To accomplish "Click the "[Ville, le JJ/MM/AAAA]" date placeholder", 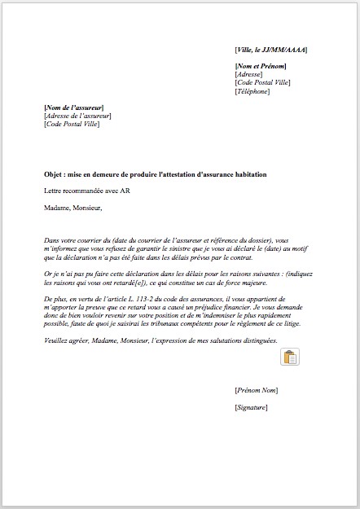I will pyautogui.click(x=270, y=50).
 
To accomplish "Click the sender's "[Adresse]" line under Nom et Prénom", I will pyautogui.click(x=249, y=74).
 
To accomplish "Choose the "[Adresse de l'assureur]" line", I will pyautogui.click(x=77, y=116).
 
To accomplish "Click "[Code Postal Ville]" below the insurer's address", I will pyautogui.click(x=72, y=124).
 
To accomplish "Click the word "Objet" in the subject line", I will pyautogui.click(x=55, y=175).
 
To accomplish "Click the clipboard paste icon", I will pyautogui.click(x=289, y=357).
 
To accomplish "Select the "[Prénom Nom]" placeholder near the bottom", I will pyautogui.click(x=256, y=391).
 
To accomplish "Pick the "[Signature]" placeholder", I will pyautogui.click(x=251, y=407).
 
